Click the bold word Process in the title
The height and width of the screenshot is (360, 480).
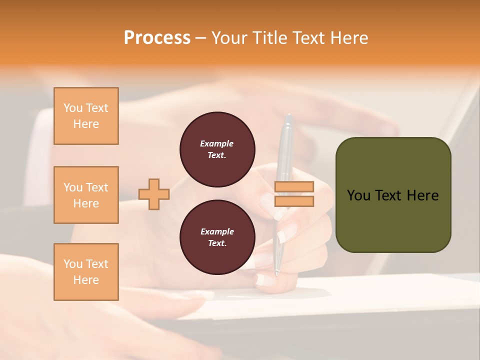coord(157,37)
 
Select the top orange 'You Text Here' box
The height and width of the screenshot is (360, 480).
coord(86,116)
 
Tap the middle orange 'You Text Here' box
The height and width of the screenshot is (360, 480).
coord(86,195)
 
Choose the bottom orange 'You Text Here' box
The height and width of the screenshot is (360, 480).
coord(86,272)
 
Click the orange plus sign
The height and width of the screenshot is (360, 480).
coord(153,194)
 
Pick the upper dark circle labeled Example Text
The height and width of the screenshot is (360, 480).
coord(217,149)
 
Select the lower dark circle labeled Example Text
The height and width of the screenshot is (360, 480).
coord(217,237)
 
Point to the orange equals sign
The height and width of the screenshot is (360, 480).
coord(294,194)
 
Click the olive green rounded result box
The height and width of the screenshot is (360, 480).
coord(393,195)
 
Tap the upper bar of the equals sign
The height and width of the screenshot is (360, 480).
coord(294,186)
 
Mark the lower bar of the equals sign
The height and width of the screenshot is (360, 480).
coord(294,201)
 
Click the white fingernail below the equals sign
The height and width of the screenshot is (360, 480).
coord(287,233)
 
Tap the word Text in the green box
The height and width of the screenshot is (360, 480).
coord(388,195)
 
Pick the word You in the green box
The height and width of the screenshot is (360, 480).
coord(358,195)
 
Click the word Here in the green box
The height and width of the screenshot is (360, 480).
coord(423,195)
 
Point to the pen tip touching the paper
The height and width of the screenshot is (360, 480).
coord(276,273)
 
